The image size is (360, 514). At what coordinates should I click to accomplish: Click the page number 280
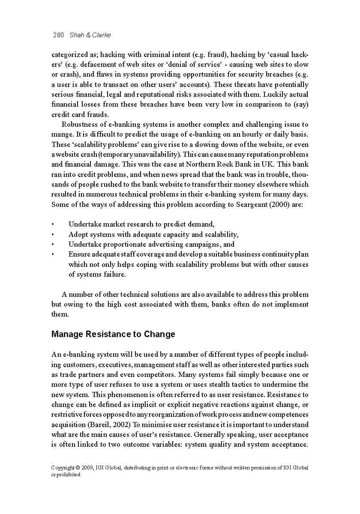[x=58, y=35]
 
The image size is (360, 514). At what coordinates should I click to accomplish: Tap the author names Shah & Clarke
[x=90, y=35]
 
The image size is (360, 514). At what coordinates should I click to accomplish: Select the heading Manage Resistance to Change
[x=113, y=334]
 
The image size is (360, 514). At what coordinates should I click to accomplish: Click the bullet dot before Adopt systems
[x=52, y=235]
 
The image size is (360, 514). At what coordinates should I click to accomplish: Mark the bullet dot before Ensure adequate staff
[x=52, y=254]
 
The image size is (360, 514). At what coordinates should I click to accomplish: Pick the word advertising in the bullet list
[x=165, y=245]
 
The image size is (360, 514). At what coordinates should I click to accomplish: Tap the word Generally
[x=212, y=434]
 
